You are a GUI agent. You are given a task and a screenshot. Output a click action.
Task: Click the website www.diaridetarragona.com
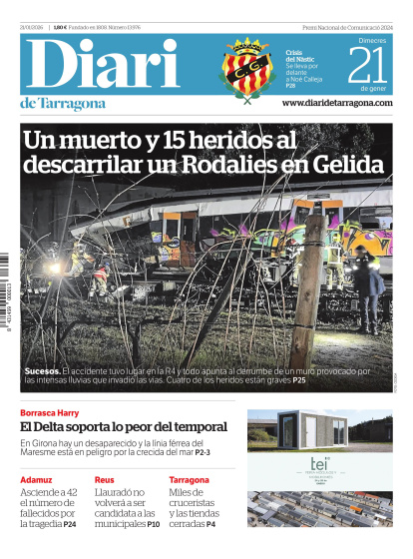tap(337, 103)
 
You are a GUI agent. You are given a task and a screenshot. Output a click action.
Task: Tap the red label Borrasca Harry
tap(50, 412)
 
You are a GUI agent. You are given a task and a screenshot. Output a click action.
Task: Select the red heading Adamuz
tap(38, 480)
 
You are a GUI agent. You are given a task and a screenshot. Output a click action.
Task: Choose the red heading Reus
tap(105, 480)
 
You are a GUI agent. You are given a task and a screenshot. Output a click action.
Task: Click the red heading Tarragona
tap(190, 480)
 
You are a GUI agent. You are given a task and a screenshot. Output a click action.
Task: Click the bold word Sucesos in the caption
tap(43, 371)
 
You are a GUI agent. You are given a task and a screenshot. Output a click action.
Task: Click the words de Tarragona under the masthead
tap(62, 105)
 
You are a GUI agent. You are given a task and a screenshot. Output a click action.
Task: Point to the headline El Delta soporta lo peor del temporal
tap(124, 426)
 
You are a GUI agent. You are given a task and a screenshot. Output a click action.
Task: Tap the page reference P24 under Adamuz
tap(70, 524)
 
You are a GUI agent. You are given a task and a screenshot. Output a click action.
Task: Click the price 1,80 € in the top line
tap(60, 26)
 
